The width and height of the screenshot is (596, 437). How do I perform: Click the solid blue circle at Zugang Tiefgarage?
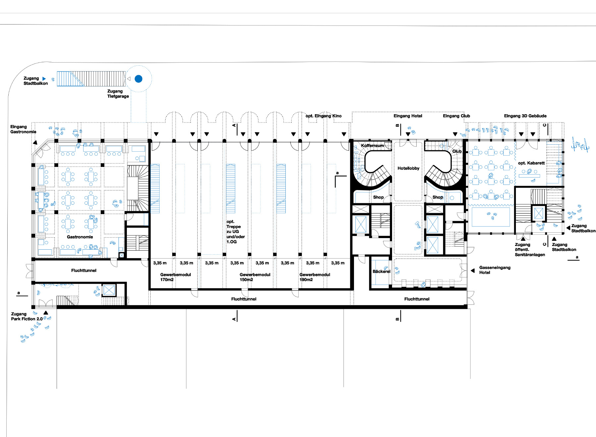138,79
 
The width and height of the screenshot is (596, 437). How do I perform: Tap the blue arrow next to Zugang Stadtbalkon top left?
44,79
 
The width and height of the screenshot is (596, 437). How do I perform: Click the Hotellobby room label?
408,168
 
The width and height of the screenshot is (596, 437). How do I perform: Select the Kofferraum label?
372,146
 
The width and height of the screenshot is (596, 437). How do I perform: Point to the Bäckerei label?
381,271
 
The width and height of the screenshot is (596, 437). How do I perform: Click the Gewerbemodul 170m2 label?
175,277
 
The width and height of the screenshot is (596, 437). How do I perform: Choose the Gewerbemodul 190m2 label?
315,277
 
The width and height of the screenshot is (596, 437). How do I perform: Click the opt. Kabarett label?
531,163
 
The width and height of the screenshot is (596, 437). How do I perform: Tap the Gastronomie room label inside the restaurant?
80,237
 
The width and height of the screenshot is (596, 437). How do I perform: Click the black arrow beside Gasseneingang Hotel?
472,270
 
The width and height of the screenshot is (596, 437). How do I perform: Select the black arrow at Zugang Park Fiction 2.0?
46,313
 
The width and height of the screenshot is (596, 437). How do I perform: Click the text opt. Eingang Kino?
323,116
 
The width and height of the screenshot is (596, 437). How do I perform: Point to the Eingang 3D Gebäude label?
525,116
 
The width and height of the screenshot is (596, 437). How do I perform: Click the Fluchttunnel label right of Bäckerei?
417,299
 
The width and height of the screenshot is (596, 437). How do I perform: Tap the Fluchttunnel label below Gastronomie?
84,270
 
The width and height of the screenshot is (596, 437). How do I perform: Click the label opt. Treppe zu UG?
235,231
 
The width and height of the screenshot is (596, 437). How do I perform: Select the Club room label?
457,151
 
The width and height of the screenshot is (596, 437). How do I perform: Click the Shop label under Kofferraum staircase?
378,197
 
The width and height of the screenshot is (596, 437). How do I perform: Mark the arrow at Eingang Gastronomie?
35,143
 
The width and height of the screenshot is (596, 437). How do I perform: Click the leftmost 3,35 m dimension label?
160,263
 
